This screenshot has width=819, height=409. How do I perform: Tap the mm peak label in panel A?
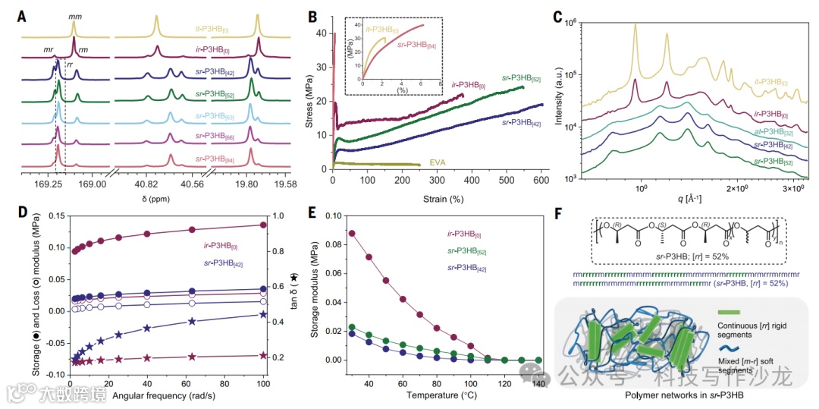click(x=75, y=16)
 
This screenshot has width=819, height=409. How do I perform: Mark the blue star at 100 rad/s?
click(x=264, y=314)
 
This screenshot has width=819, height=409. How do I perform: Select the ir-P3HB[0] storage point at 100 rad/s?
click(x=264, y=225)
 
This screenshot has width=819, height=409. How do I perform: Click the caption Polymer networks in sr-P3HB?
click(x=682, y=396)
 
